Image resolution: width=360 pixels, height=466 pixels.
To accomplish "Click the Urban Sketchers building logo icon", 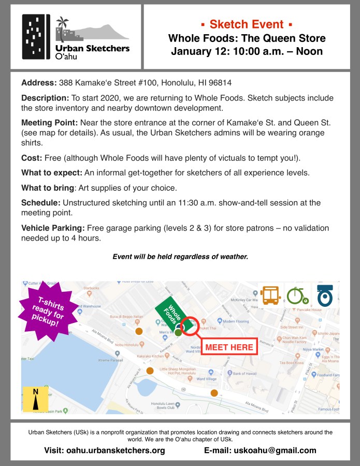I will (x=36, y=36).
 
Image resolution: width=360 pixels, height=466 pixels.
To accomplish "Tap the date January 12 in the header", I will (x=200, y=51).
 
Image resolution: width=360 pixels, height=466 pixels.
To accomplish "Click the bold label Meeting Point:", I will (x=49, y=122).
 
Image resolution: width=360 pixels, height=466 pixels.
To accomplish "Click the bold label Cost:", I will (x=33, y=158).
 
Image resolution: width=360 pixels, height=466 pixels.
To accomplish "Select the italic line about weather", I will (x=180, y=256).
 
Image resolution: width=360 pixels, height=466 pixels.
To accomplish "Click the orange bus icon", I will (x=270, y=295).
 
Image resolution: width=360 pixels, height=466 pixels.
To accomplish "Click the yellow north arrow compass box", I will (x=36, y=399).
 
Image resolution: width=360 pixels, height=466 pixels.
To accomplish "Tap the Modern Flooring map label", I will (x=236, y=321).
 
